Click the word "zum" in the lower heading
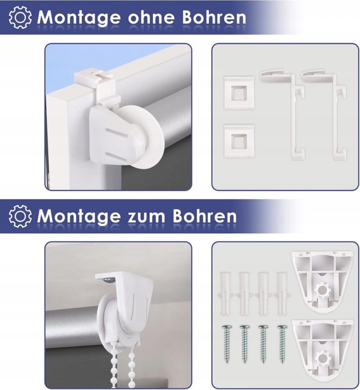pos(147,216)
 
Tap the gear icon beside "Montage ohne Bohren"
pos(20,17)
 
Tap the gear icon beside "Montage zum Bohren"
pos(20,216)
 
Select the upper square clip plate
pos(239,93)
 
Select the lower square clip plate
pos(239,141)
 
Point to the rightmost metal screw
pos(282,344)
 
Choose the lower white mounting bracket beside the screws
pos(322,348)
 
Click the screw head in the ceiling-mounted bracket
pos(110,280)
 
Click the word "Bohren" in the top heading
pos(214,17)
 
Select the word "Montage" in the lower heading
pos(79,216)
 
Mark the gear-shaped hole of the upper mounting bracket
pos(322,289)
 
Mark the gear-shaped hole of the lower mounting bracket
pos(322,358)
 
